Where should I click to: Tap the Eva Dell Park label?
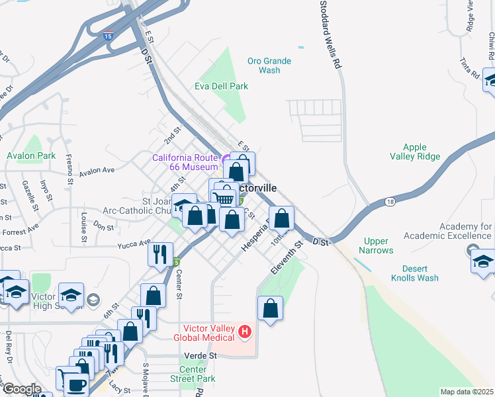pyautogui.click(x=221, y=86)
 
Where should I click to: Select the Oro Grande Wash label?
pyautogui.click(x=269, y=66)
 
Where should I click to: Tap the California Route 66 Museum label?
pyautogui.click(x=185, y=162)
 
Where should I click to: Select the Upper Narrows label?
pyautogui.click(x=376, y=245)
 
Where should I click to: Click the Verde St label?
pyautogui.click(x=204, y=355)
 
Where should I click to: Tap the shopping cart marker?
pyautogui.click(x=226, y=198)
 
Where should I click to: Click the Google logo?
pyautogui.click(x=22, y=389)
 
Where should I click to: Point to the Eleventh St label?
pyautogui.click(x=286, y=258)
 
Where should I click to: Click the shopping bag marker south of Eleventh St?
pyautogui.click(x=270, y=308)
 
